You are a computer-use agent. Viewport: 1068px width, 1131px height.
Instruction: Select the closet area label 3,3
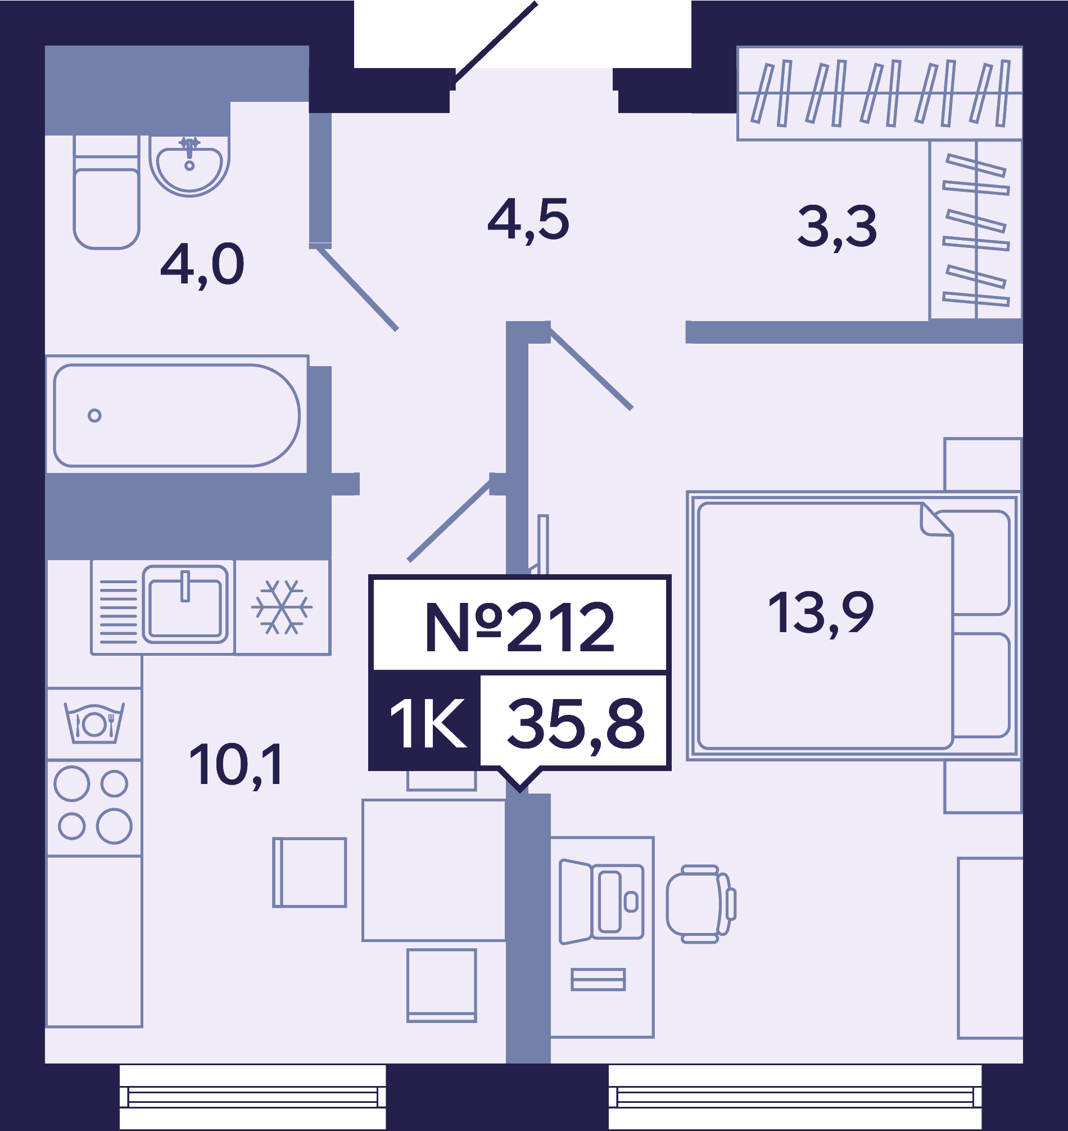pos(837,228)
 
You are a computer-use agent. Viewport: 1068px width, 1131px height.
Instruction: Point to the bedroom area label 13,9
pos(820,614)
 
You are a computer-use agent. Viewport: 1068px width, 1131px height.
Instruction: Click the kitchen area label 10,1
pos(236,766)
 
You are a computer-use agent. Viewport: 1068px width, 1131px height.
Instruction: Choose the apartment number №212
pos(520,628)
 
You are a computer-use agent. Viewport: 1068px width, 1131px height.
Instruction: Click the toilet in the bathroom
pos(106,192)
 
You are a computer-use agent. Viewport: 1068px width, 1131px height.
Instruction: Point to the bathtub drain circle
pos(94,415)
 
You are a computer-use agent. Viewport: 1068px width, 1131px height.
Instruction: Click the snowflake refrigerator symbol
pos(282,607)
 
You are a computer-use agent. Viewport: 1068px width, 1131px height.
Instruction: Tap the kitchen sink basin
pos(185,604)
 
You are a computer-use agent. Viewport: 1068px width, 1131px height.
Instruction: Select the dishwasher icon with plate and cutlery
pos(94,723)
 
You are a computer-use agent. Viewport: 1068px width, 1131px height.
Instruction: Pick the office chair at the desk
pos(701,904)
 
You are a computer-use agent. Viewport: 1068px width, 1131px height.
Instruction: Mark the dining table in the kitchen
pos(434,870)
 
